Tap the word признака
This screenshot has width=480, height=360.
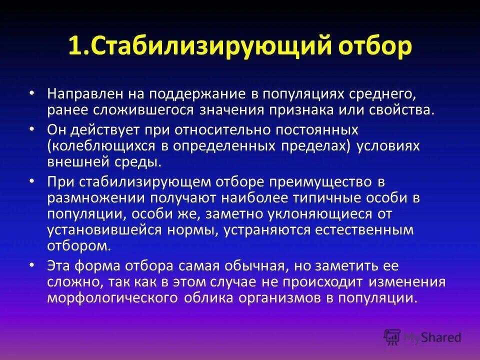[x=325, y=110]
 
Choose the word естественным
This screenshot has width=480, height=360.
[x=363, y=230]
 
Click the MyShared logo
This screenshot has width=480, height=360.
[x=422, y=336]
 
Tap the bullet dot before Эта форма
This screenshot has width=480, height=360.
[x=32, y=264]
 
